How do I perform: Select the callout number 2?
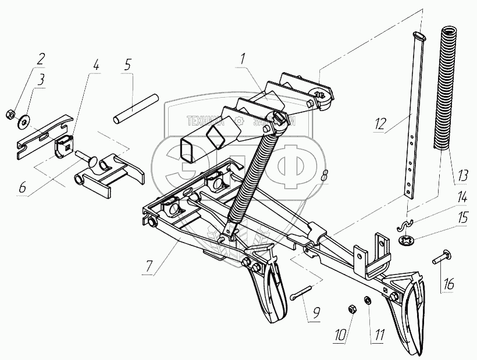point(41,58)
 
